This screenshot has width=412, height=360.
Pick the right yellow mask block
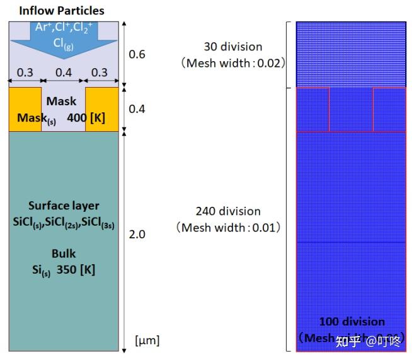[x=101, y=108]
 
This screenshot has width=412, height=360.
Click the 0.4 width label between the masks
[x=64, y=73]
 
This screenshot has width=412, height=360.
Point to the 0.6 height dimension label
[x=137, y=54]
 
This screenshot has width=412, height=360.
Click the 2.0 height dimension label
[x=137, y=234]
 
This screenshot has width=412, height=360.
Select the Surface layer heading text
[x=64, y=206]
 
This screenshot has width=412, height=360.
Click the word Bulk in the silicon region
[x=64, y=253]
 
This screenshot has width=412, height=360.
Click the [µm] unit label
[x=147, y=341]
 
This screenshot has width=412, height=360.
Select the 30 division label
[x=232, y=47]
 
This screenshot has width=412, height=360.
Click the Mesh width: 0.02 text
[x=232, y=63]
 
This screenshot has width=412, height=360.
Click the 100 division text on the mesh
[x=352, y=322]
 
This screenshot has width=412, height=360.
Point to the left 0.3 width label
[x=25, y=73]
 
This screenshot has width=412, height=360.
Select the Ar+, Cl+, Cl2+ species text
[x=63, y=27]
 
